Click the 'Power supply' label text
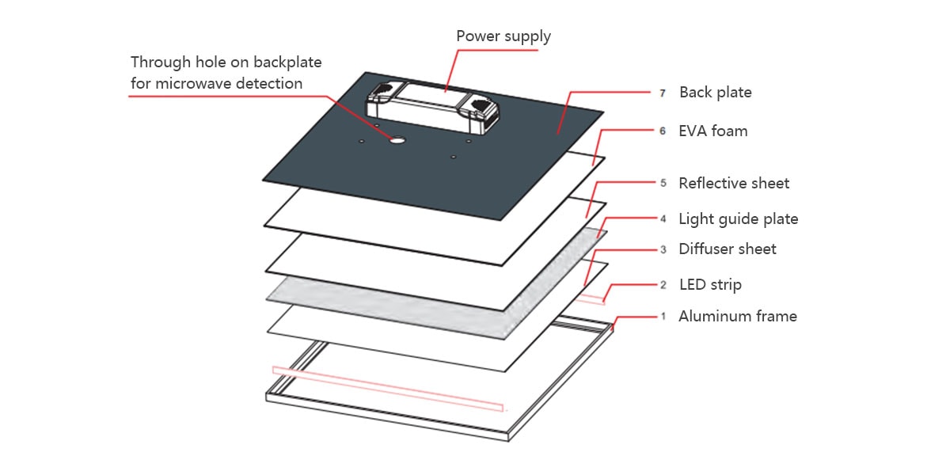503,36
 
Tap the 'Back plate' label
715,93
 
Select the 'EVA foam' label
712,131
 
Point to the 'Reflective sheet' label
734,184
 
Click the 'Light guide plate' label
738,219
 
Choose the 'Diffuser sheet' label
727,249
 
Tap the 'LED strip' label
710,285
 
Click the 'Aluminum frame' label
737,317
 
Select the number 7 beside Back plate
663,93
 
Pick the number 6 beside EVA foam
663,131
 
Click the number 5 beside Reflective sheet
663,184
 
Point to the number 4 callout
663,219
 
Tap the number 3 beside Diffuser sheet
663,250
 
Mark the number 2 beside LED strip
663,285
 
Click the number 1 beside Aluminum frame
663,317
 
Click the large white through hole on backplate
397,140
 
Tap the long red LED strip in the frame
388,389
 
